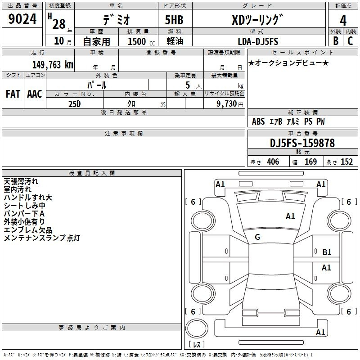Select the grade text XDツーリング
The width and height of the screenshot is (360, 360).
click(257, 20)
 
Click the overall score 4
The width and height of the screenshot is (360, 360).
click(343, 21)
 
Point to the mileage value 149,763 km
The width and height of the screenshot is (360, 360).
click(53, 64)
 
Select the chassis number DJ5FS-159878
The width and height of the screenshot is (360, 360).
click(302, 143)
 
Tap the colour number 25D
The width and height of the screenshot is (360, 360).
click(74, 103)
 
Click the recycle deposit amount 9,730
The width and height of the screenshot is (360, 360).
click(227, 104)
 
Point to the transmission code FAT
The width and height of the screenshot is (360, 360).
click(13, 94)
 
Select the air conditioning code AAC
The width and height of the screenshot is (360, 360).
click(35, 94)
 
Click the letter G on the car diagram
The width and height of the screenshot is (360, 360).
click(257, 237)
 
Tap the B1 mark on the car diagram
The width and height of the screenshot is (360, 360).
click(327, 252)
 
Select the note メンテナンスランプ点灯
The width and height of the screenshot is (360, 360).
click(41, 238)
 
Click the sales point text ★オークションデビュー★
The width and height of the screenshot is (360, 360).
click(288, 63)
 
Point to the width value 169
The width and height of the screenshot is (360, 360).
click(310, 162)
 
